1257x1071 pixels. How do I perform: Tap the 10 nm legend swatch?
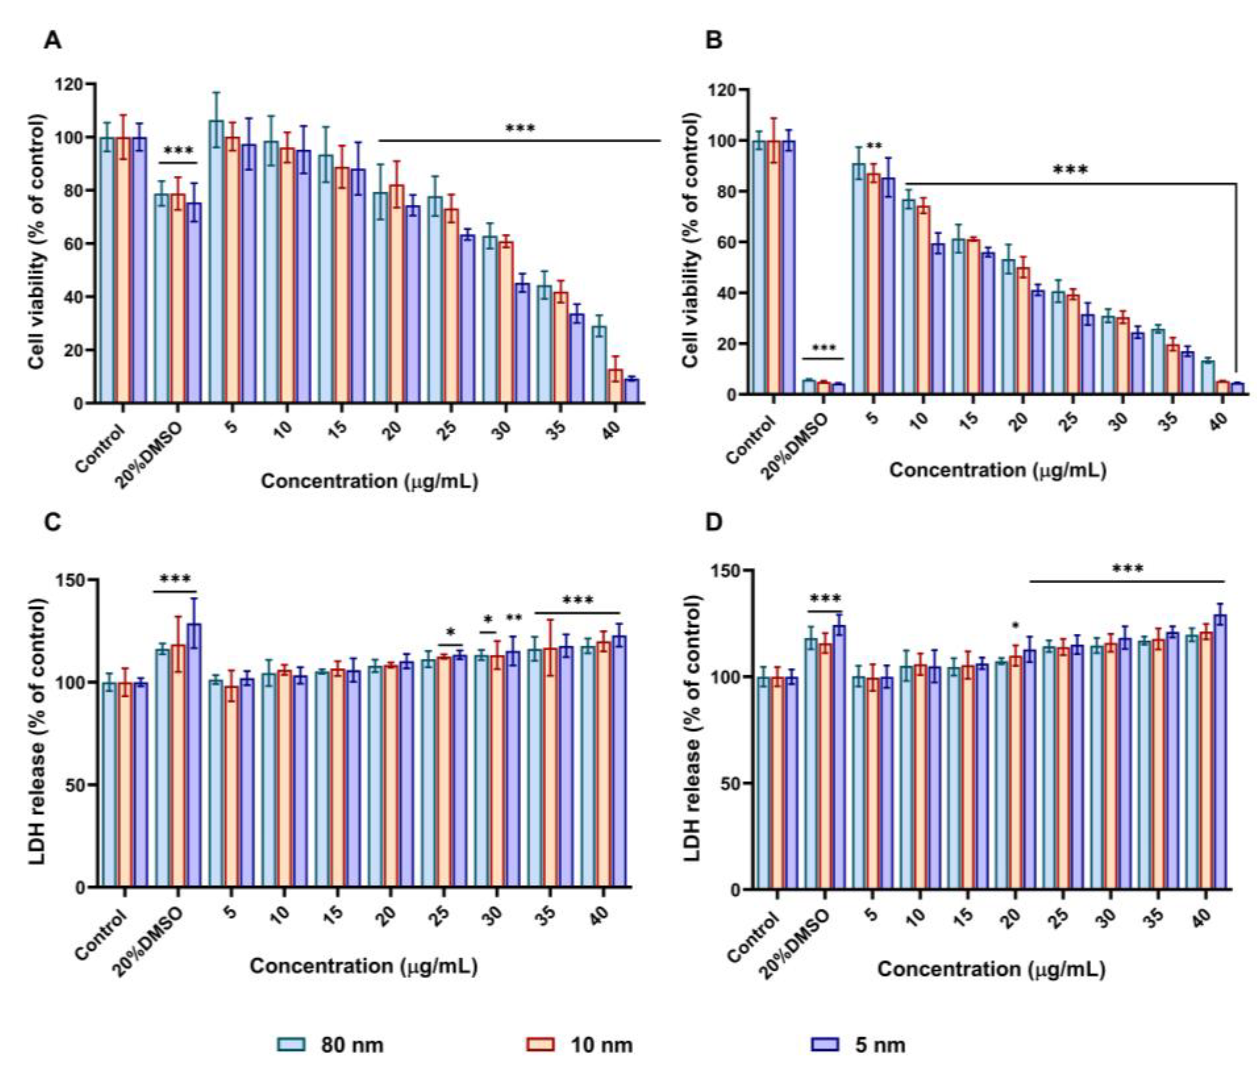tap(540, 1044)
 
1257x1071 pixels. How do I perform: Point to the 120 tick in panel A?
tap(69, 84)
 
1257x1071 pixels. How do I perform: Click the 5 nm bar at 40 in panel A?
tap(631, 390)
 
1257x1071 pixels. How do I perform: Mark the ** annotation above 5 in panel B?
tap(874, 147)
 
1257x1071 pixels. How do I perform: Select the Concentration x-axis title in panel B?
tap(997, 470)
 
